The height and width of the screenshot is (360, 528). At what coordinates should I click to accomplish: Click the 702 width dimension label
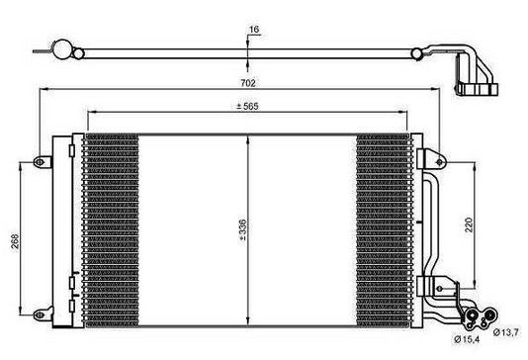point(248,83)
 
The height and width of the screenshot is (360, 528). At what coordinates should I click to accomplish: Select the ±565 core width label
point(247,107)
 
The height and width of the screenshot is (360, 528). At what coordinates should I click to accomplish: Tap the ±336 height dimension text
point(242,230)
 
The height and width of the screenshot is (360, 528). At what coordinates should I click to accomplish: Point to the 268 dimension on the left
point(15,240)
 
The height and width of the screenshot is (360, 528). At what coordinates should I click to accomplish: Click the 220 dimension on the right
point(469,225)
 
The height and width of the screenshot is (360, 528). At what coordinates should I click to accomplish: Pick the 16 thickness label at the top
point(254,30)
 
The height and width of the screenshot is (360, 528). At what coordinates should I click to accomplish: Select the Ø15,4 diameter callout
point(467,339)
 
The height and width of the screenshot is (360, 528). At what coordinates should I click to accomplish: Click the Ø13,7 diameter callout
point(505,332)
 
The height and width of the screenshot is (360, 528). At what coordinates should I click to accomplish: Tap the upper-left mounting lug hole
point(40,162)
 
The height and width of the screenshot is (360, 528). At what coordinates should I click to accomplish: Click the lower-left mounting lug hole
point(40,315)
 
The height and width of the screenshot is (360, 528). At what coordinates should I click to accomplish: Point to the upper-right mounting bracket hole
point(439,162)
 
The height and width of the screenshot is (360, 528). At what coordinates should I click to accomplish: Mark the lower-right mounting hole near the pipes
point(439,289)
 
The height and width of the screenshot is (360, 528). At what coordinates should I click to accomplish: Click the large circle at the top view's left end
point(62,49)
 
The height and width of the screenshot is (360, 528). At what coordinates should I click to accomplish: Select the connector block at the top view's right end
point(478,89)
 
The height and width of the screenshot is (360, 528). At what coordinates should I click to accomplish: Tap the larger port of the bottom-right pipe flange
point(472,315)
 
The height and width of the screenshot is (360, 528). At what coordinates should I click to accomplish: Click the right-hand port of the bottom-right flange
point(490,315)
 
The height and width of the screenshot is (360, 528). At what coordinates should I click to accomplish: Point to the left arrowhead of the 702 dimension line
point(44,89)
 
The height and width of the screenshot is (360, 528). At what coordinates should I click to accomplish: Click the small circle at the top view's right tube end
point(417,53)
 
